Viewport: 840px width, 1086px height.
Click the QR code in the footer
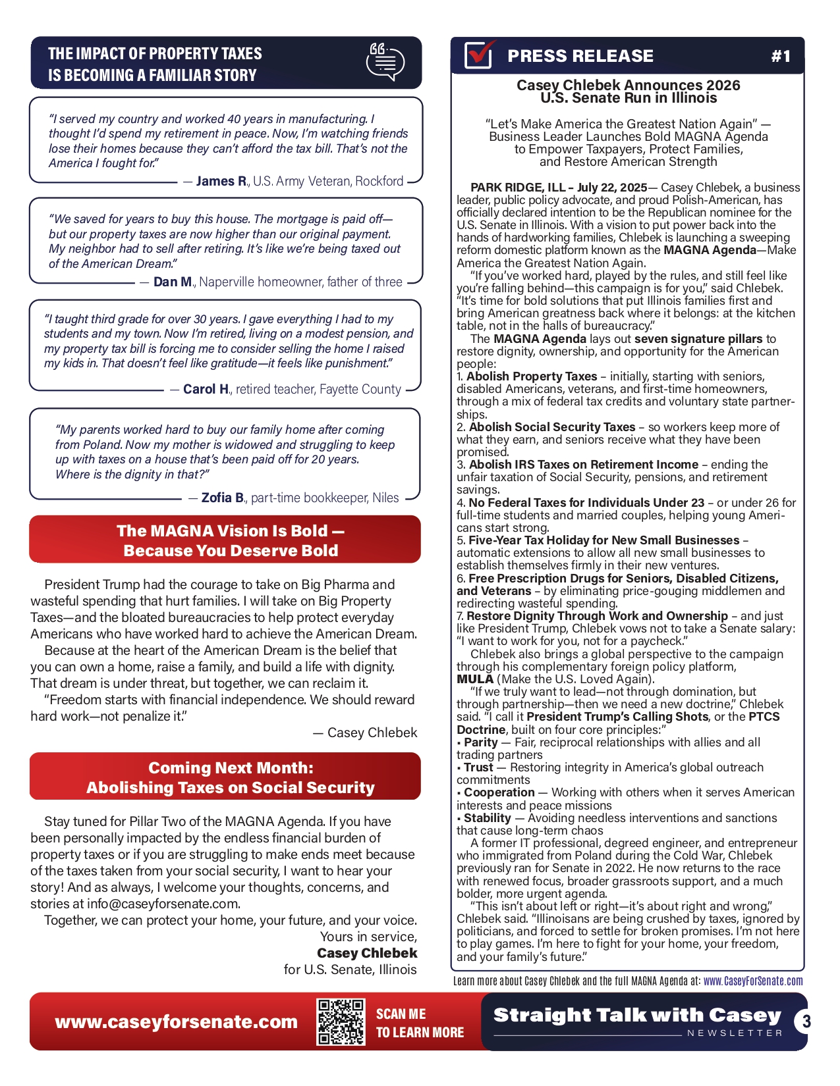tap(341, 1021)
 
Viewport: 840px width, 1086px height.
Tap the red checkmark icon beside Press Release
tap(479, 55)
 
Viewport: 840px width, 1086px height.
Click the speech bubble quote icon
tap(385, 63)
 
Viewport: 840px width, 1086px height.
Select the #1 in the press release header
tap(781, 57)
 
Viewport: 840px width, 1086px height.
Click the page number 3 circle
tap(805, 1021)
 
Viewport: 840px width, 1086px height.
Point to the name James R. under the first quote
tap(221, 181)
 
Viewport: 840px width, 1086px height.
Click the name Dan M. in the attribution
tap(173, 282)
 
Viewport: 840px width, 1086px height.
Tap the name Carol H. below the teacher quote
tap(206, 389)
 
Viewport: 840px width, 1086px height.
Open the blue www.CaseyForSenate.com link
tap(753, 981)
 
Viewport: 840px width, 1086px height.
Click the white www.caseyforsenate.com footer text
tap(176, 1021)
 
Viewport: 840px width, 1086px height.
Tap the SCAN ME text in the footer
tap(401, 1014)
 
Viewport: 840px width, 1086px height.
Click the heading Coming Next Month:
tap(231, 767)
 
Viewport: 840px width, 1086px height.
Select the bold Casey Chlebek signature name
tap(367, 953)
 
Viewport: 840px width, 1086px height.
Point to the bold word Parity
tap(480, 742)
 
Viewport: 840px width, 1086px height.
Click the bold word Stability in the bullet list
tap(487, 818)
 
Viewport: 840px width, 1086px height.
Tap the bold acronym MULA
tap(475, 679)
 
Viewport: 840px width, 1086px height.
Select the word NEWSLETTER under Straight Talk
tap(735, 1033)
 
